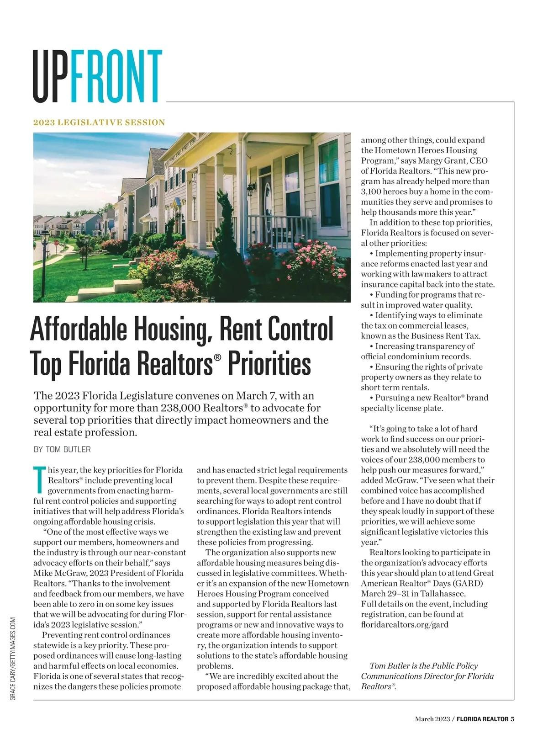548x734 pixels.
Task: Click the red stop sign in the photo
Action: pyautogui.click(x=56, y=244)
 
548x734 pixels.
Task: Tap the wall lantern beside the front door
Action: pyautogui.click(x=251, y=189)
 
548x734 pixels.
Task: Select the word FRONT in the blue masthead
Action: pyautogui.click(x=117, y=76)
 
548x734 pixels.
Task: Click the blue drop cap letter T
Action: pyautogui.click(x=40, y=480)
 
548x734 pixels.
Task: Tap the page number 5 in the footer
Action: pyautogui.click(x=512, y=719)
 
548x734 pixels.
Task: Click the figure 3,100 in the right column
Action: pyautogui.click(x=372, y=191)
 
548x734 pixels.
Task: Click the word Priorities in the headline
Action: pyautogui.click(x=269, y=364)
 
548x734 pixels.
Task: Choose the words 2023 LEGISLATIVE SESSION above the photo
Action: pyautogui.click(x=99, y=122)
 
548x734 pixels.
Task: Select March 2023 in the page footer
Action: pyautogui.click(x=432, y=719)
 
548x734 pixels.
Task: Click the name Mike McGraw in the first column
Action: pyautogui.click(x=60, y=573)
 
